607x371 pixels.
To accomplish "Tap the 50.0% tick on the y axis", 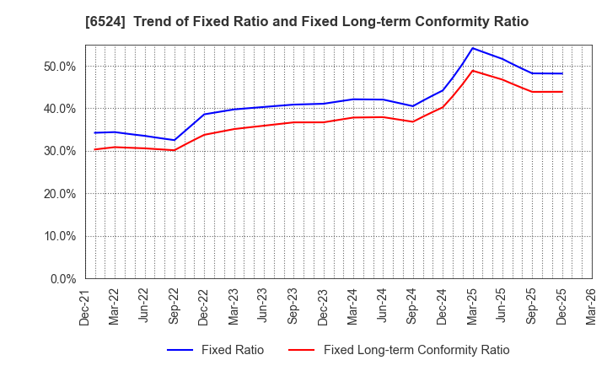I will (60, 66).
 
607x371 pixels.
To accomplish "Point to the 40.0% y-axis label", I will (60, 109).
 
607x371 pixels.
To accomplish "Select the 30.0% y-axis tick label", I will (60, 151).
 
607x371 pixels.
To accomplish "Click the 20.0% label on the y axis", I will (60, 194).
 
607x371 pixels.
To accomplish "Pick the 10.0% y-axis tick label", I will (60, 236).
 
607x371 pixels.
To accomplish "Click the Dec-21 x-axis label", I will (85, 304).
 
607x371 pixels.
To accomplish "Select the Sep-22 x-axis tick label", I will (175, 304).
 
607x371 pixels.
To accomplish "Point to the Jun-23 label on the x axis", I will (264, 304).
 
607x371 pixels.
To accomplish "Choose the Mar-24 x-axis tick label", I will (353, 304).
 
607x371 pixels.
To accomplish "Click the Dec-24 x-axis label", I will (443, 304).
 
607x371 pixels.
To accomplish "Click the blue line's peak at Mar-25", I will (472, 48).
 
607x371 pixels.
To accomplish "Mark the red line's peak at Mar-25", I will (472, 70).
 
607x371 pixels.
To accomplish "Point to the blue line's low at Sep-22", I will (175, 140).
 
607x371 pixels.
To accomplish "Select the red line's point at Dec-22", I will (204, 134).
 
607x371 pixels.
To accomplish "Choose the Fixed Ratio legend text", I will (232, 350).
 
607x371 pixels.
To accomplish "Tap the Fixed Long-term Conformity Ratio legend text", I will (416, 350).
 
